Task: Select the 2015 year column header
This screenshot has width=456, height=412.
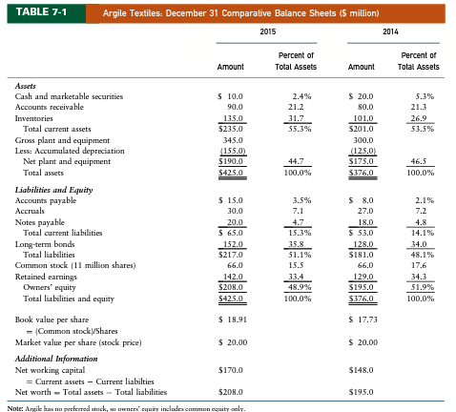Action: pyautogui.click(x=267, y=32)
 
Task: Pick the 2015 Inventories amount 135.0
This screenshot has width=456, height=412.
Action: pyautogui.click(x=233, y=118)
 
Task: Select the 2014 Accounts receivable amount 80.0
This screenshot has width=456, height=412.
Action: pyautogui.click(x=363, y=107)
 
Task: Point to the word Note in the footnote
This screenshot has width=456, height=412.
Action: pyautogui.click(x=26, y=406)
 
